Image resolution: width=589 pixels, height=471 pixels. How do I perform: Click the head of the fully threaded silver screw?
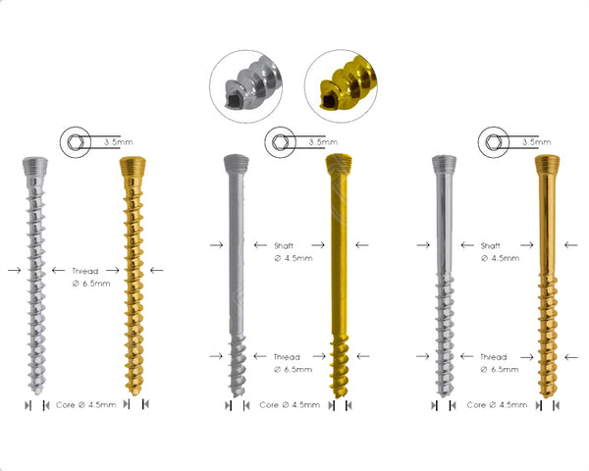coord(33,165)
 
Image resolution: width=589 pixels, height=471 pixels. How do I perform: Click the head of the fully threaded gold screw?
coord(132,165)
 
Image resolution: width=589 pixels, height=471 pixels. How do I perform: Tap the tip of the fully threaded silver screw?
coord(36,386)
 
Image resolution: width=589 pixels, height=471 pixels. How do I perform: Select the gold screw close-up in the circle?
coord(339,84)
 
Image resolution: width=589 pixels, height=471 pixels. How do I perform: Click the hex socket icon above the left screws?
coord(74,142)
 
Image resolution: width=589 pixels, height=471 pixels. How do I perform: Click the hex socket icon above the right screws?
coord(493,142)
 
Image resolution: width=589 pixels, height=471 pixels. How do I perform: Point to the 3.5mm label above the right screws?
coord(535,142)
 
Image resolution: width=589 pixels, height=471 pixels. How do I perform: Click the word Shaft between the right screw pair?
coord(496,244)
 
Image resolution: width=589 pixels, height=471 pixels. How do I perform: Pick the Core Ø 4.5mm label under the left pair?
coord(83,403)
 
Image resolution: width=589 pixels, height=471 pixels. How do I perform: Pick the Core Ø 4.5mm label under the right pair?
coord(498,403)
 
